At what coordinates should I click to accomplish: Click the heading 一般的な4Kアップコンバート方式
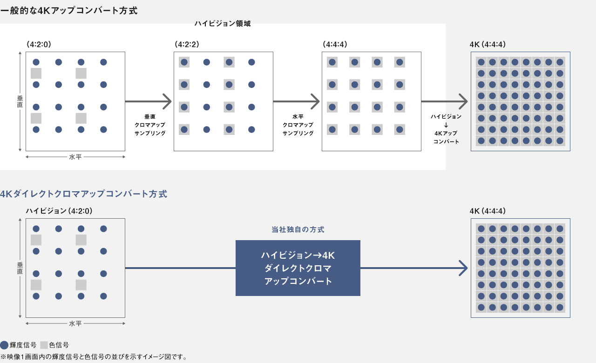point(69,10)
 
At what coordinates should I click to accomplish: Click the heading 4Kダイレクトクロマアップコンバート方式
point(83,194)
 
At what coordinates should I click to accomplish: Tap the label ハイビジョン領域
point(223,24)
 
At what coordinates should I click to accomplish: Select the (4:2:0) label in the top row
point(39,45)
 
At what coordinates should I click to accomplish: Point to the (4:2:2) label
point(187,45)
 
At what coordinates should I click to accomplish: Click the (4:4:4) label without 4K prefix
point(335,45)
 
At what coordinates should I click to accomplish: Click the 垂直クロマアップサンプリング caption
point(149,125)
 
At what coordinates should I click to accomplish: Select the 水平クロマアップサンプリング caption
point(298,125)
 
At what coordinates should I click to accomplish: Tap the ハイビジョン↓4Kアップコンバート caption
point(446,129)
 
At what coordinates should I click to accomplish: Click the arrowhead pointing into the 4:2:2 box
point(168,101)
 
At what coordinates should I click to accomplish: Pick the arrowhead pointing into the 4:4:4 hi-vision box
point(316,101)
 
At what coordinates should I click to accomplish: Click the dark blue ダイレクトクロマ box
point(298,268)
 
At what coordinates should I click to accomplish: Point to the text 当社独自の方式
point(298,229)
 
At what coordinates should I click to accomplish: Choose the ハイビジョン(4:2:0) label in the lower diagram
point(59,211)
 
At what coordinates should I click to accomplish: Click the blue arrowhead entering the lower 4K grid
point(463,268)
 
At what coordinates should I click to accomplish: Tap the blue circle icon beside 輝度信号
point(4,345)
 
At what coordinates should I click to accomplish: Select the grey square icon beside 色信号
point(44,345)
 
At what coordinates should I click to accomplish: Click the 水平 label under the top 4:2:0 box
point(75,157)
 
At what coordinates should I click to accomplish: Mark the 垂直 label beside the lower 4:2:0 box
point(20,268)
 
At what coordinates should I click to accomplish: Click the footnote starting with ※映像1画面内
point(94,357)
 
